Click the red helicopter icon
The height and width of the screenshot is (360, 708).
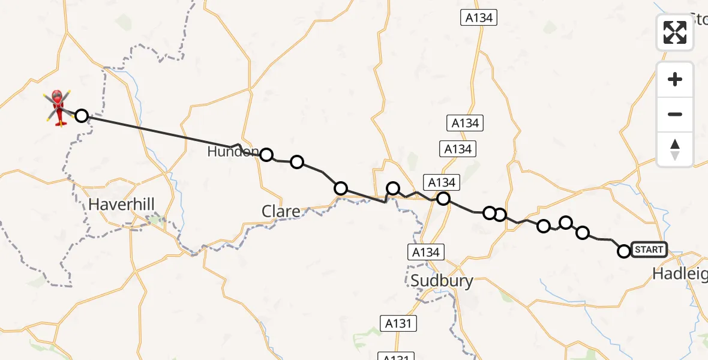(58, 107)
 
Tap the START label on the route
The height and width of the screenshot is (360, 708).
(649, 250)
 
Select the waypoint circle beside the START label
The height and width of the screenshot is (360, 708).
(624, 251)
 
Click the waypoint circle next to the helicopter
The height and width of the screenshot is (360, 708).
(82, 116)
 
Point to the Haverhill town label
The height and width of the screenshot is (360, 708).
(121, 205)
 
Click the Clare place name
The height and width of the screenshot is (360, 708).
(281, 211)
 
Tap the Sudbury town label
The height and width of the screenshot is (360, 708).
(442, 280)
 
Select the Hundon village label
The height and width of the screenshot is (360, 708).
(233, 152)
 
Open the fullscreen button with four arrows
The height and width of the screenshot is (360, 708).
(675, 32)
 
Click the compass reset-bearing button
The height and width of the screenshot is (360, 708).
(675, 149)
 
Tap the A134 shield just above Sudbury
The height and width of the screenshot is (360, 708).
(426, 252)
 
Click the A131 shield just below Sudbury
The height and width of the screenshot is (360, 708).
(398, 323)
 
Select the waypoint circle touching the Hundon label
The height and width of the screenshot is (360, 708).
(266, 155)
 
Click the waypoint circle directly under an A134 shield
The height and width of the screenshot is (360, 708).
(443, 199)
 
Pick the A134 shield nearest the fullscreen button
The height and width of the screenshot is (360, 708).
(479, 18)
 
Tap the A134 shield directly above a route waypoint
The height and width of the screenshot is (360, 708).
(443, 182)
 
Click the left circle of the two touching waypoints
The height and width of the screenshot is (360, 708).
(490, 213)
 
